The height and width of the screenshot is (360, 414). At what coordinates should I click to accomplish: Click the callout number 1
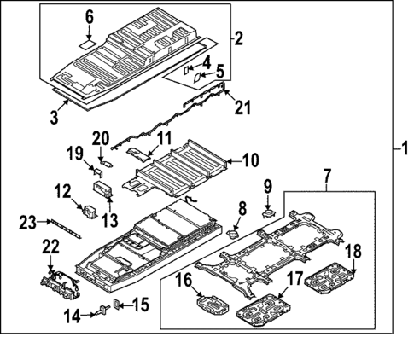point(404,148)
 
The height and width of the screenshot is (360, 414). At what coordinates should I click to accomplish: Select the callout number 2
point(239,38)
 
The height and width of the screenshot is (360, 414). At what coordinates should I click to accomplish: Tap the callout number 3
point(54,117)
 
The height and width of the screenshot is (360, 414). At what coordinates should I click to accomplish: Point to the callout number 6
point(89,16)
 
